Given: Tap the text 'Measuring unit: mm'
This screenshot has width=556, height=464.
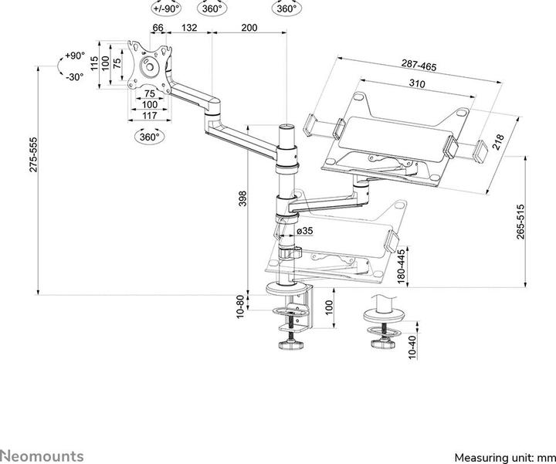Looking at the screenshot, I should (x=503, y=456).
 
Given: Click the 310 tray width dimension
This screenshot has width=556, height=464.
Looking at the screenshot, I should (x=418, y=83).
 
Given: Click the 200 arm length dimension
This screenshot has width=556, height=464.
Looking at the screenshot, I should (x=249, y=28).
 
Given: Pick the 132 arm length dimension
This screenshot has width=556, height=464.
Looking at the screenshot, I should (x=188, y=28).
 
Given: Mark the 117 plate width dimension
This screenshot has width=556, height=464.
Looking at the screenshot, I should (x=149, y=115).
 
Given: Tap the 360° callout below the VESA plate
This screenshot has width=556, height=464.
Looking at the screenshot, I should (x=148, y=137).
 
